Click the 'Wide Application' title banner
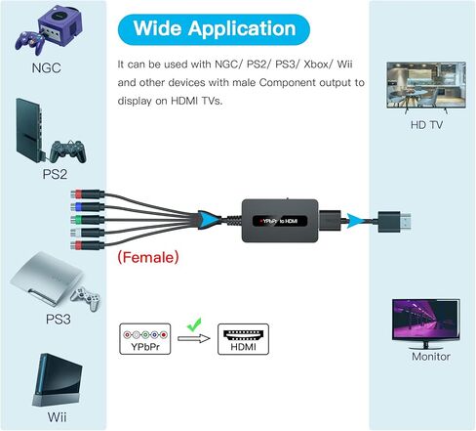coord(214,29)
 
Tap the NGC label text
coord(47,68)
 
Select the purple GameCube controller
coord(29,42)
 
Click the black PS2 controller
coord(68,151)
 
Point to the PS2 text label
coord(55,174)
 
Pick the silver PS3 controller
coord(86,298)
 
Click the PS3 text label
coord(59,319)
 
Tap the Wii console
coord(58,380)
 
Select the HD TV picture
coord(426,86)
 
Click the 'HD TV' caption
coord(426,125)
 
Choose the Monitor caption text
coord(431,357)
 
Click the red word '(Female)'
coord(148,257)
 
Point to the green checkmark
coord(194,324)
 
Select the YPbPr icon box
coord(145,339)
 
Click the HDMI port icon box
coord(243,339)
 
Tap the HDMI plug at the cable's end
coord(394,222)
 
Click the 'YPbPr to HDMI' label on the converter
coord(280,221)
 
